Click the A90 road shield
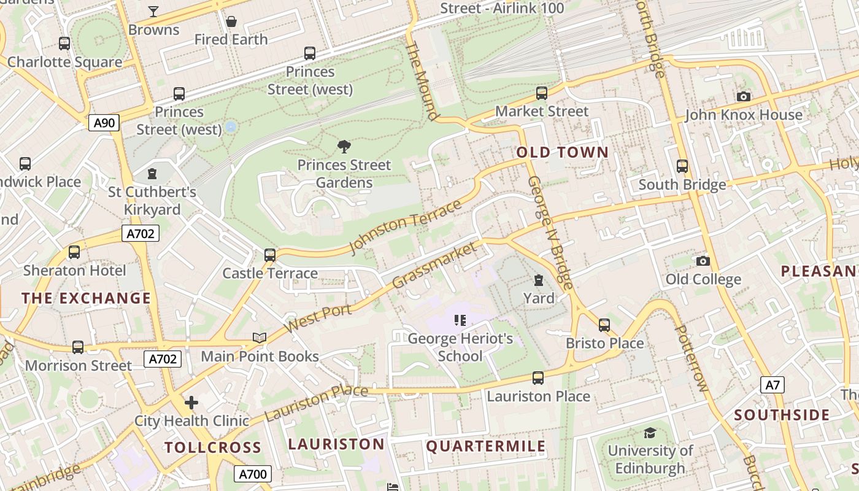click(x=104, y=123)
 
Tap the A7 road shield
click(x=772, y=385)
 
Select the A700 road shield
click(x=253, y=474)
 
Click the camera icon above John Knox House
click(x=743, y=97)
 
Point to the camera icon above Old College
click(x=703, y=261)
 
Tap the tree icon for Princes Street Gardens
click(x=344, y=146)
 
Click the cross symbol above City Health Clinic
click(x=191, y=403)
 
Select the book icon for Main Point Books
click(x=260, y=338)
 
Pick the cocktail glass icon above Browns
click(x=153, y=12)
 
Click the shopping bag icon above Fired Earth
click(x=231, y=22)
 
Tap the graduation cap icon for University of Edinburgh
click(x=650, y=433)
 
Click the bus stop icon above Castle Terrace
click(x=270, y=255)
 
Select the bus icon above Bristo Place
click(x=604, y=325)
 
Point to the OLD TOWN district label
click(x=563, y=152)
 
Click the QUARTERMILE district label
click(x=486, y=446)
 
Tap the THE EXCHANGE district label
click(x=86, y=298)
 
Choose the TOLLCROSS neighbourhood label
click(x=213, y=447)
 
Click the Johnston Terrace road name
click(x=404, y=226)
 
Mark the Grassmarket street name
click(x=434, y=265)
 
